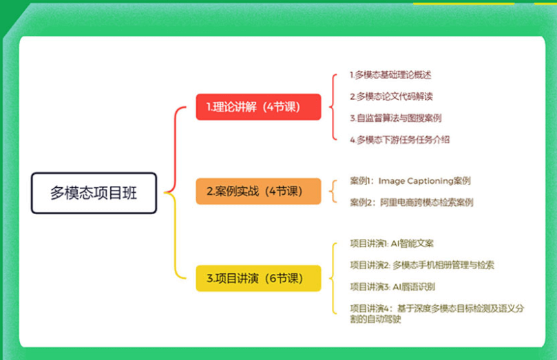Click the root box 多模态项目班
[x=94, y=193]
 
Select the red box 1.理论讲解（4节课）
[x=258, y=107]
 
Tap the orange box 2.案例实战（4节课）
[x=258, y=191]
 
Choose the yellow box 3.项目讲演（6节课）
[x=258, y=278]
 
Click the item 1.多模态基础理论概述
[x=390, y=75]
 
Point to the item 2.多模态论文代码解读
[x=391, y=96]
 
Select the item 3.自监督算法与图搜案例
[x=395, y=118]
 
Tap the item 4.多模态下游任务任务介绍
[x=399, y=140]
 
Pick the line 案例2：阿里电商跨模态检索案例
[x=411, y=203]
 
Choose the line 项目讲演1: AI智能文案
[x=392, y=244]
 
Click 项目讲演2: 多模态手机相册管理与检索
[x=422, y=265]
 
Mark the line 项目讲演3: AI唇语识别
[x=392, y=287]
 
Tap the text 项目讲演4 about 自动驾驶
[x=437, y=313]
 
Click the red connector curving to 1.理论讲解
[x=175, y=149]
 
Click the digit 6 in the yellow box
[x=273, y=278]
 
